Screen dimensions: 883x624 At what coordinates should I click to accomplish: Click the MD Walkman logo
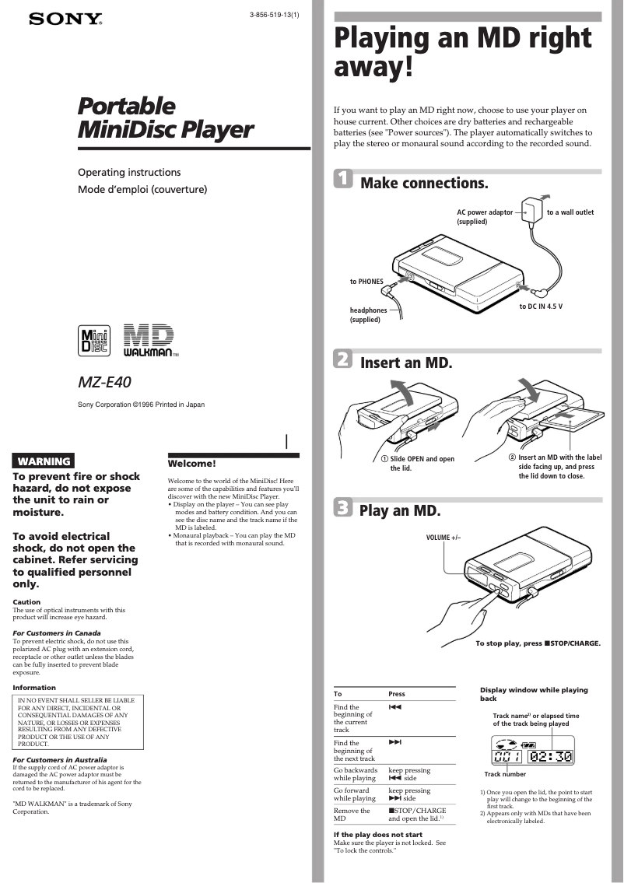[x=150, y=342]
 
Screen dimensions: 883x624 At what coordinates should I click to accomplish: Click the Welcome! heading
[x=191, y=464]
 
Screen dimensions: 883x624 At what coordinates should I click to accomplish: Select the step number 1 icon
[x=342, y=180]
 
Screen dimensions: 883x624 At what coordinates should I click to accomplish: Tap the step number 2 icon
[x=342, y=359]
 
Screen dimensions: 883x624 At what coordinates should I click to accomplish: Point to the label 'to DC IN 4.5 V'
[x=541, y=307]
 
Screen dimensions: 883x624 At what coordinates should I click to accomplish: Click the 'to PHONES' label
[x=366, y=282]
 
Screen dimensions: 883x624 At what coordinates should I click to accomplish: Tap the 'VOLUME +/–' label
[x=443, y=538]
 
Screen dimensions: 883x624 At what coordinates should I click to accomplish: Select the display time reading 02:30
[x=551, y=756]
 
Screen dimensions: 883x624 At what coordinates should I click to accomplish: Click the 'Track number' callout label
[x=505, y=774]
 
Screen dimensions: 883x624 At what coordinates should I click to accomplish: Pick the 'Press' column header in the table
[x=397, y=694]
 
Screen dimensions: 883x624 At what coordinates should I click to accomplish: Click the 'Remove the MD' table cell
[x=352, y=815]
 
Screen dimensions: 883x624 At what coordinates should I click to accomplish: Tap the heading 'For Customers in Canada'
[x=57, y=633]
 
